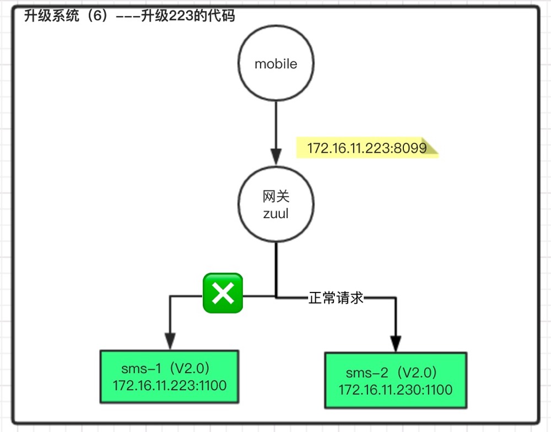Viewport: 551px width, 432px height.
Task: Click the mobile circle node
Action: [x=275, y=64]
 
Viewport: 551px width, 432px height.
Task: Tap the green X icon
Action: [x=223, y=293]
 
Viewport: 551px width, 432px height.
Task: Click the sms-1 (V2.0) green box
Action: [x=169, y=376]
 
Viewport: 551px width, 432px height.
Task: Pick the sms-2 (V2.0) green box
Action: [x=396, y=380]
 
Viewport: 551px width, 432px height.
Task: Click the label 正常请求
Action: [x=336, y=298]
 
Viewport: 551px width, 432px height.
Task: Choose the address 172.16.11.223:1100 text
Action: [x=170, y=386]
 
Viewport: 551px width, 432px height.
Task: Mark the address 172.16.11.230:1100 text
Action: [x=395, y=390]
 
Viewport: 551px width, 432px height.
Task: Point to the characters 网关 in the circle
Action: [x=275, y=197]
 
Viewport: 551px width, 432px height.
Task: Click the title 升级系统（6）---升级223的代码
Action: [x=129, y=17]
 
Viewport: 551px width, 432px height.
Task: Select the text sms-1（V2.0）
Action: [x=165, y=368]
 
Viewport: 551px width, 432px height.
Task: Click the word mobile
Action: [x=275, y=64]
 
